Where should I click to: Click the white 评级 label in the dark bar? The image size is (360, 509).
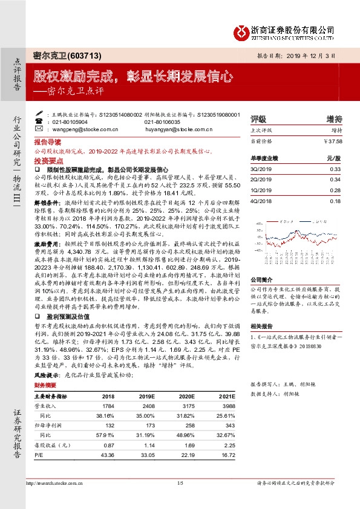tap(258, 118)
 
